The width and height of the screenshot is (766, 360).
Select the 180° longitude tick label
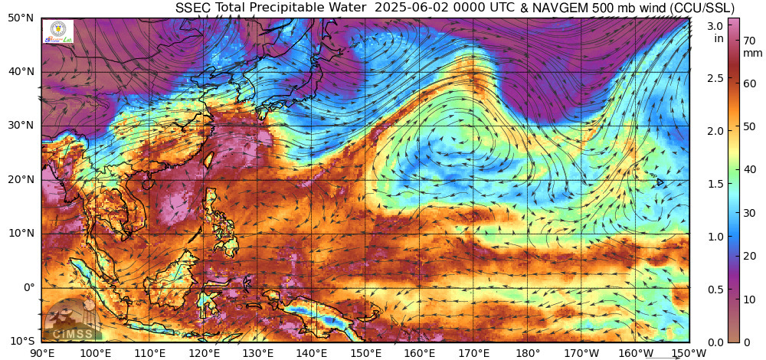pyautogui.click(x=528, y=352)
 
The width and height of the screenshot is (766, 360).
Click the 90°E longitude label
pyautogui.click(x=41, y=352)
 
